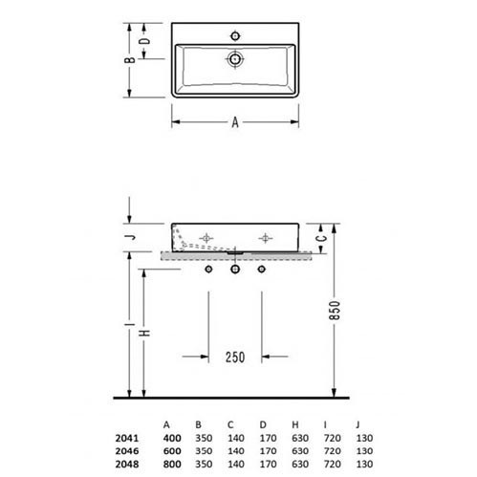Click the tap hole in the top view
click(235, 35)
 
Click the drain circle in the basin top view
click(235, 59)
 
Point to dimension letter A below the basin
click(235, 122)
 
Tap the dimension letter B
click(130, 59)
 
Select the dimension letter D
click(144, 41)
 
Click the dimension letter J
click(130, 237)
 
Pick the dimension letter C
click(322, 238)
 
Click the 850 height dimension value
click(335, 310)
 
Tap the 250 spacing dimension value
click(235, 358)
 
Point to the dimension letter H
click(144, 333)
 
